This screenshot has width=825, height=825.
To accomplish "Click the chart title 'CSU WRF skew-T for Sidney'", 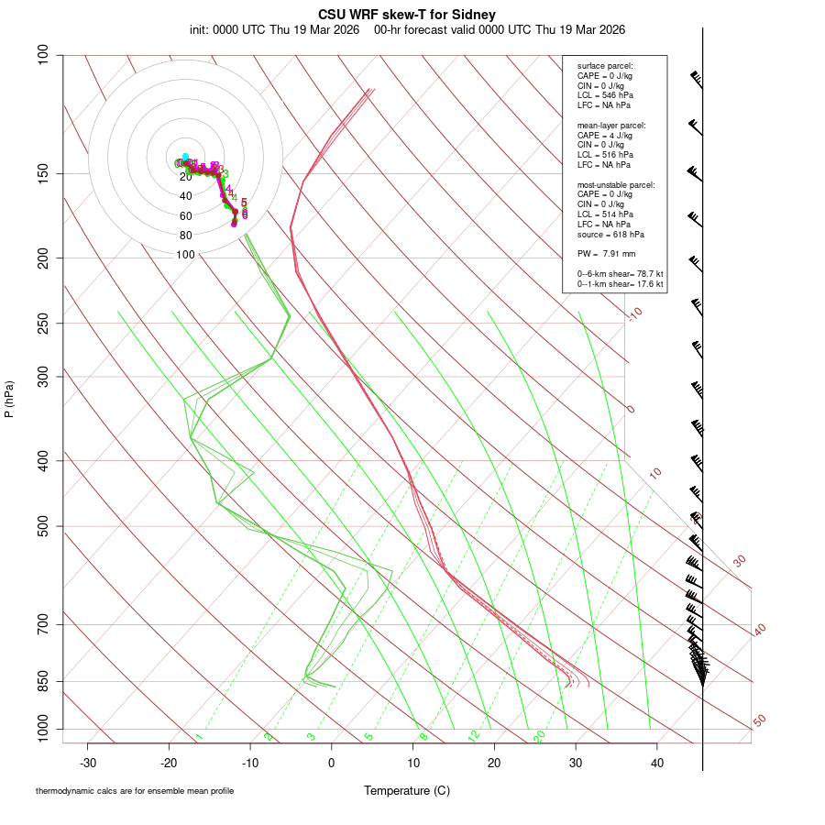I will [x=407, y=15].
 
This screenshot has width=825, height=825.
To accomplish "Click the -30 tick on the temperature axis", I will [x=87, y=762].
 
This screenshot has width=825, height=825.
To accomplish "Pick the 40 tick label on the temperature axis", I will [x=656, y=762].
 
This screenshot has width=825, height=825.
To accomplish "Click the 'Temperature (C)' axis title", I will [x=407, y=790].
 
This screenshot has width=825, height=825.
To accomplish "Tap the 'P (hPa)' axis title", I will [x=9, y=400].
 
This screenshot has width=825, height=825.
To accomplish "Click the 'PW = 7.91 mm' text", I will [x=606, y=254].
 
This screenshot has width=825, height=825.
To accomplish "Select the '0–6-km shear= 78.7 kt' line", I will [x=620, y=274].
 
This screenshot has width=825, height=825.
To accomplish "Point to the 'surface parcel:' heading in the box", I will [x=605, y=66].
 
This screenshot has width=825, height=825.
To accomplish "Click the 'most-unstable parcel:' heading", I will [x=616, y=184].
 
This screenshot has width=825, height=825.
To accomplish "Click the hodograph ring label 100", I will [x=185, y=255].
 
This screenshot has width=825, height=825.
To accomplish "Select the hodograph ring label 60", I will [x=185, y=216].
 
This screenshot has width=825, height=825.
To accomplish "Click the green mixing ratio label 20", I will [x=539, y=736].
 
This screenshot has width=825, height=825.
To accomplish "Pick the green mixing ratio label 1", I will [x=199, y=737].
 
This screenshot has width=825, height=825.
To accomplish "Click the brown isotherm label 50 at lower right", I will [x=759, y=721].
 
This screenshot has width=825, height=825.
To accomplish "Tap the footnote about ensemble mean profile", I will [x=135, y=791].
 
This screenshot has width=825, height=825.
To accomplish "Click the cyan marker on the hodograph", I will [x=185, y=157].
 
